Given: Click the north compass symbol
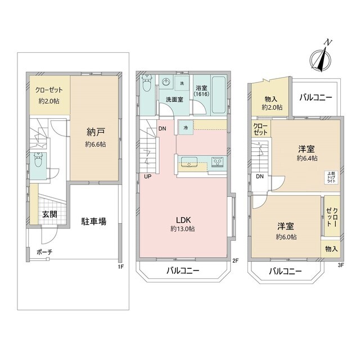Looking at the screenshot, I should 321,57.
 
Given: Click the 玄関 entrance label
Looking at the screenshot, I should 48,215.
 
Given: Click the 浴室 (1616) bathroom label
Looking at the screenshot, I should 202,92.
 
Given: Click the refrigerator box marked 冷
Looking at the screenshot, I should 186,127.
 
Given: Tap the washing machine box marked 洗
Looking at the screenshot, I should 182,83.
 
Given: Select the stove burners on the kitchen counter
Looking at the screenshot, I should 217,163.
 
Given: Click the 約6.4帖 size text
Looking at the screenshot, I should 307,159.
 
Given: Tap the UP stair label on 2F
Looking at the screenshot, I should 147,177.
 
